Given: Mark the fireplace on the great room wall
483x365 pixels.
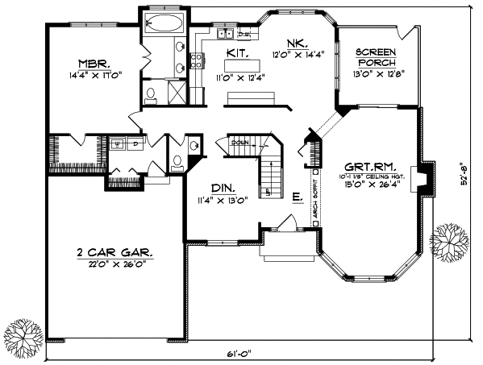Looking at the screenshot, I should coord(418,180).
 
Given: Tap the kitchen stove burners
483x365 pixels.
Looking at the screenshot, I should coord(194,58).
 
